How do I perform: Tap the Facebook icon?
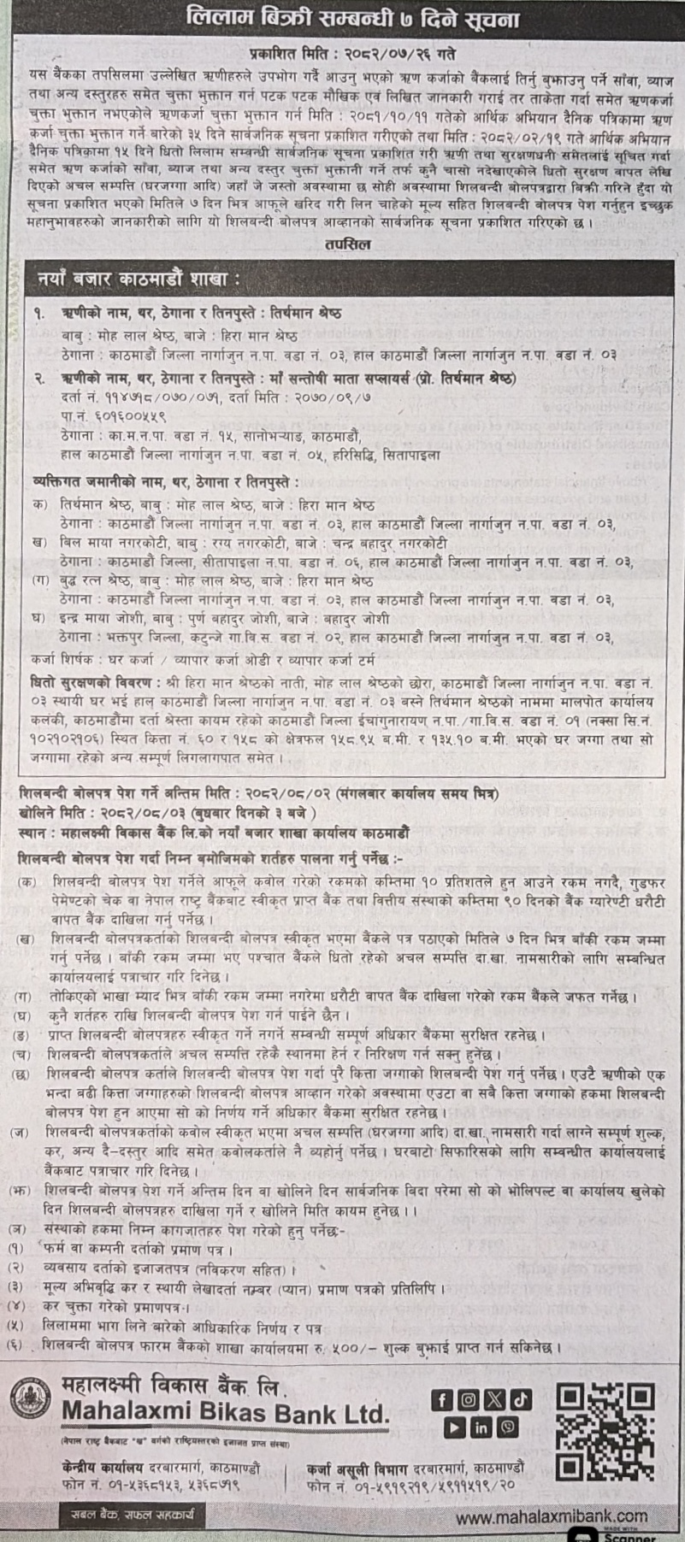441,1400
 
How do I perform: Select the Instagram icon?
468,1400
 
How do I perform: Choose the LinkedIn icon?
481,1427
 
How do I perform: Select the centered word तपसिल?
341,243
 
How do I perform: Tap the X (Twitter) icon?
494,1400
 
